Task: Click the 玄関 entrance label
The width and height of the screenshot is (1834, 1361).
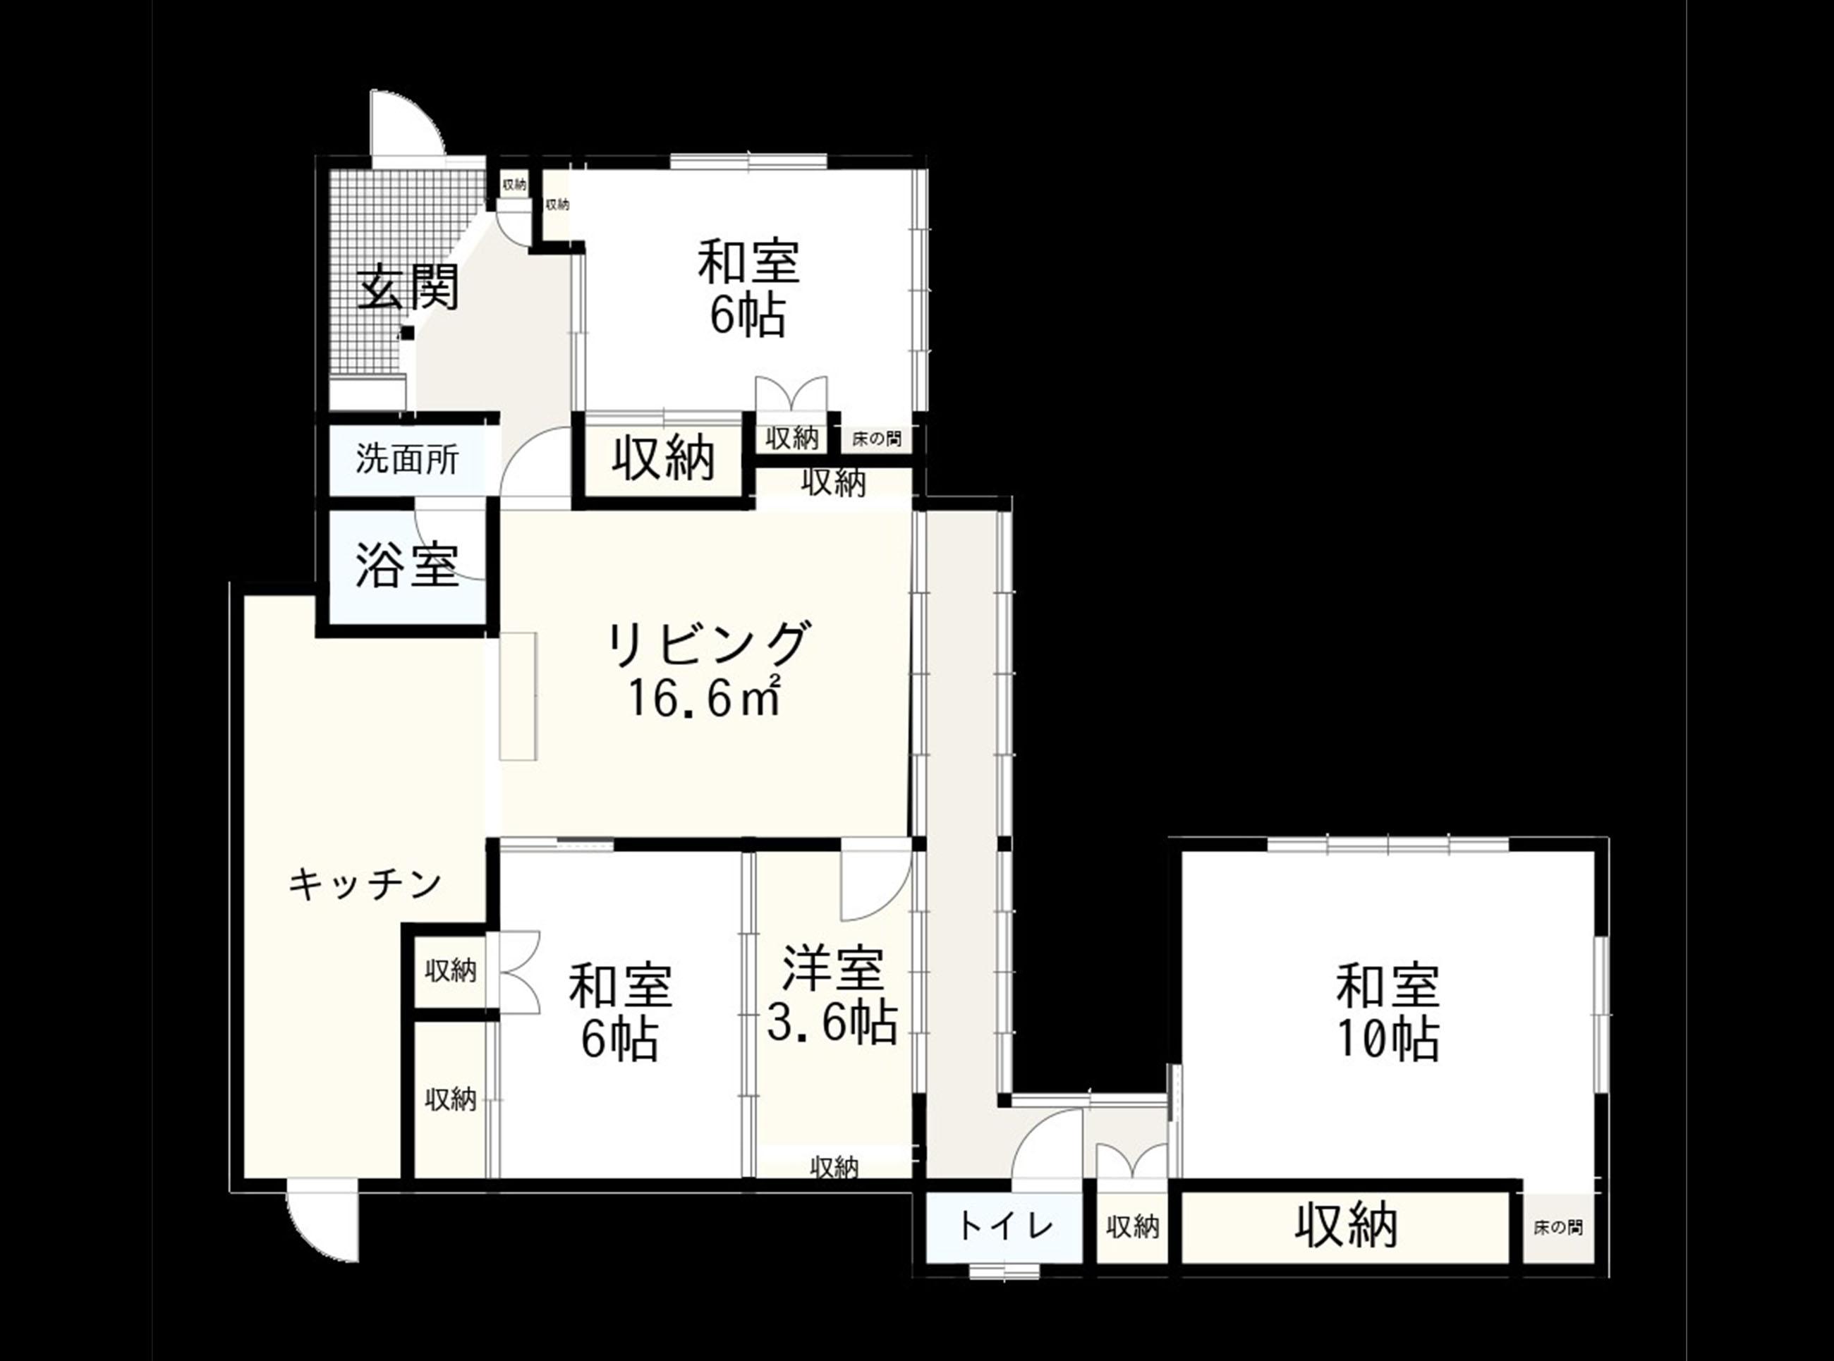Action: (408, 286)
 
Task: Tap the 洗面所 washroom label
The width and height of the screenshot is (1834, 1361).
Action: (407, 459)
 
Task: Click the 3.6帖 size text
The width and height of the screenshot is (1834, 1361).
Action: (832, 1022)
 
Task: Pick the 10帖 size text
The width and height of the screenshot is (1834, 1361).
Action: (1388, 1039)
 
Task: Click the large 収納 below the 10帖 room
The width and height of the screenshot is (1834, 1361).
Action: (1347, 1226)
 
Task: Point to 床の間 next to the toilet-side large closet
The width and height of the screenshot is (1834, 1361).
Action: (1558, 1228)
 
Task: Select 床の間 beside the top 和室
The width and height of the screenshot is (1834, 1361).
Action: (877, 439)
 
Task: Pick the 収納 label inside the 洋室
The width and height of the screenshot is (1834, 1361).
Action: (834, 1166)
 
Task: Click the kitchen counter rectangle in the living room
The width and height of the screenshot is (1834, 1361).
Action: (518, 696)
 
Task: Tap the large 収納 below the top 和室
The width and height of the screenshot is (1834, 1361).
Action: (663, 458)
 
